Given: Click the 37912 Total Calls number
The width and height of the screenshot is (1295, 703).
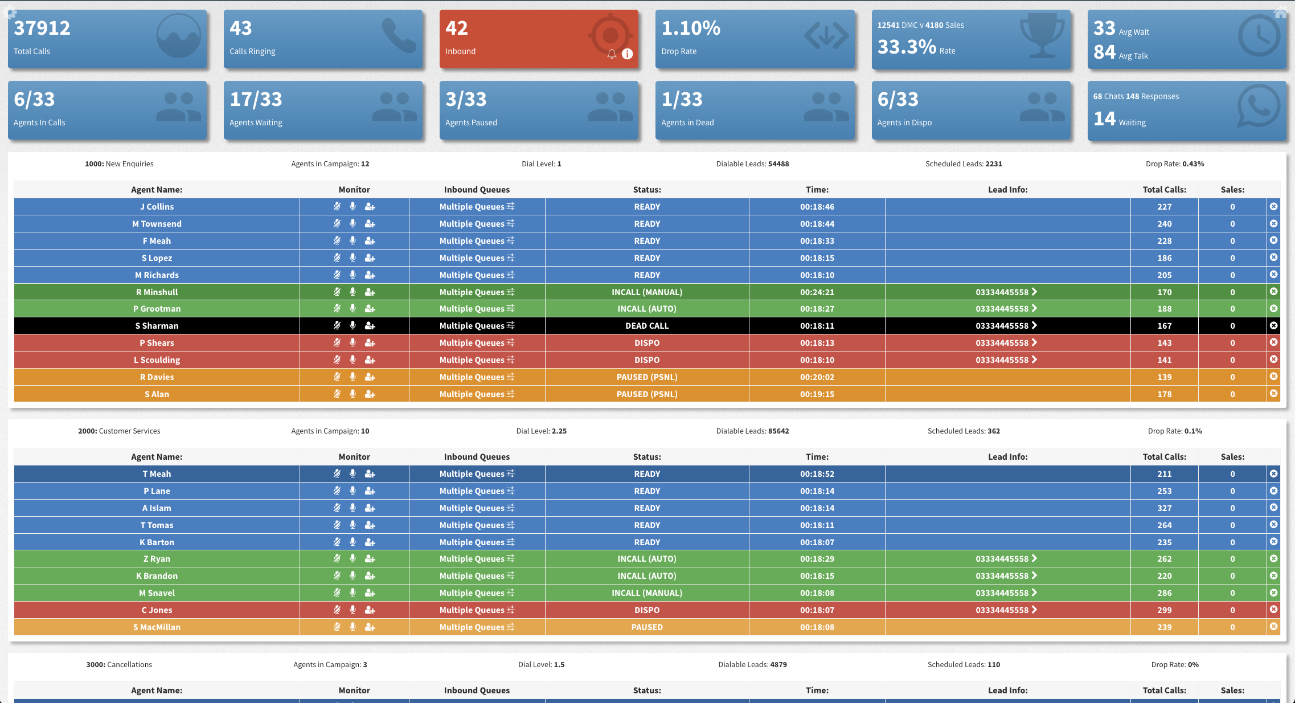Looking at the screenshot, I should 42,28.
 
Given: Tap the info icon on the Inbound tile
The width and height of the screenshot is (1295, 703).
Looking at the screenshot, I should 627,54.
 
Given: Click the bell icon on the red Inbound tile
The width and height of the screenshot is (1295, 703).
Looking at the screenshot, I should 612,54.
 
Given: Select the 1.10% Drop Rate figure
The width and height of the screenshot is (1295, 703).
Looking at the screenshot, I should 691,28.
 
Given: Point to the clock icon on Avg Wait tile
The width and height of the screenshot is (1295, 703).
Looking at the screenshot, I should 1259,36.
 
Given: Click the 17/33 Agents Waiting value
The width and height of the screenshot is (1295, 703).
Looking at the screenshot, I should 256,99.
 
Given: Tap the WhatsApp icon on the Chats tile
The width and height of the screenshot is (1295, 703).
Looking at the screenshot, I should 1259,107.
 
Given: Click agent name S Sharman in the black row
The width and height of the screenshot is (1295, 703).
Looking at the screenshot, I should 157,326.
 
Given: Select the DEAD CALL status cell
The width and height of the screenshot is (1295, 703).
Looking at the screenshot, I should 647,326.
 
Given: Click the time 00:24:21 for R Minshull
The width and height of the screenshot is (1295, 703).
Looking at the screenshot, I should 817,292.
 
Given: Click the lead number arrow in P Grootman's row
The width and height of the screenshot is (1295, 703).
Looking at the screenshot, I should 1034,308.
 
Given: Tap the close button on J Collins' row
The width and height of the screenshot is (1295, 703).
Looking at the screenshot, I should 1273,206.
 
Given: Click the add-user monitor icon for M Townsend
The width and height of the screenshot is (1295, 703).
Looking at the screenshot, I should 370,224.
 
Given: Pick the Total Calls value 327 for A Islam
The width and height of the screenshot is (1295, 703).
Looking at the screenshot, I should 1164,508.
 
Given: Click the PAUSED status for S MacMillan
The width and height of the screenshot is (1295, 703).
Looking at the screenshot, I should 647,627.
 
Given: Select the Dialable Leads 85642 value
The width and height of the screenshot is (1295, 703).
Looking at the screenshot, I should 778,431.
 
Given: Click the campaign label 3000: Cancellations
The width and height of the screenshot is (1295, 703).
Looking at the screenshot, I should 119,665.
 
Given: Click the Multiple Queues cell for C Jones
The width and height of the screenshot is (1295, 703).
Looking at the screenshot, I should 477,610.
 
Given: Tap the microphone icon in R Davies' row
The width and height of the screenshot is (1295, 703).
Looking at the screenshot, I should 353,377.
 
